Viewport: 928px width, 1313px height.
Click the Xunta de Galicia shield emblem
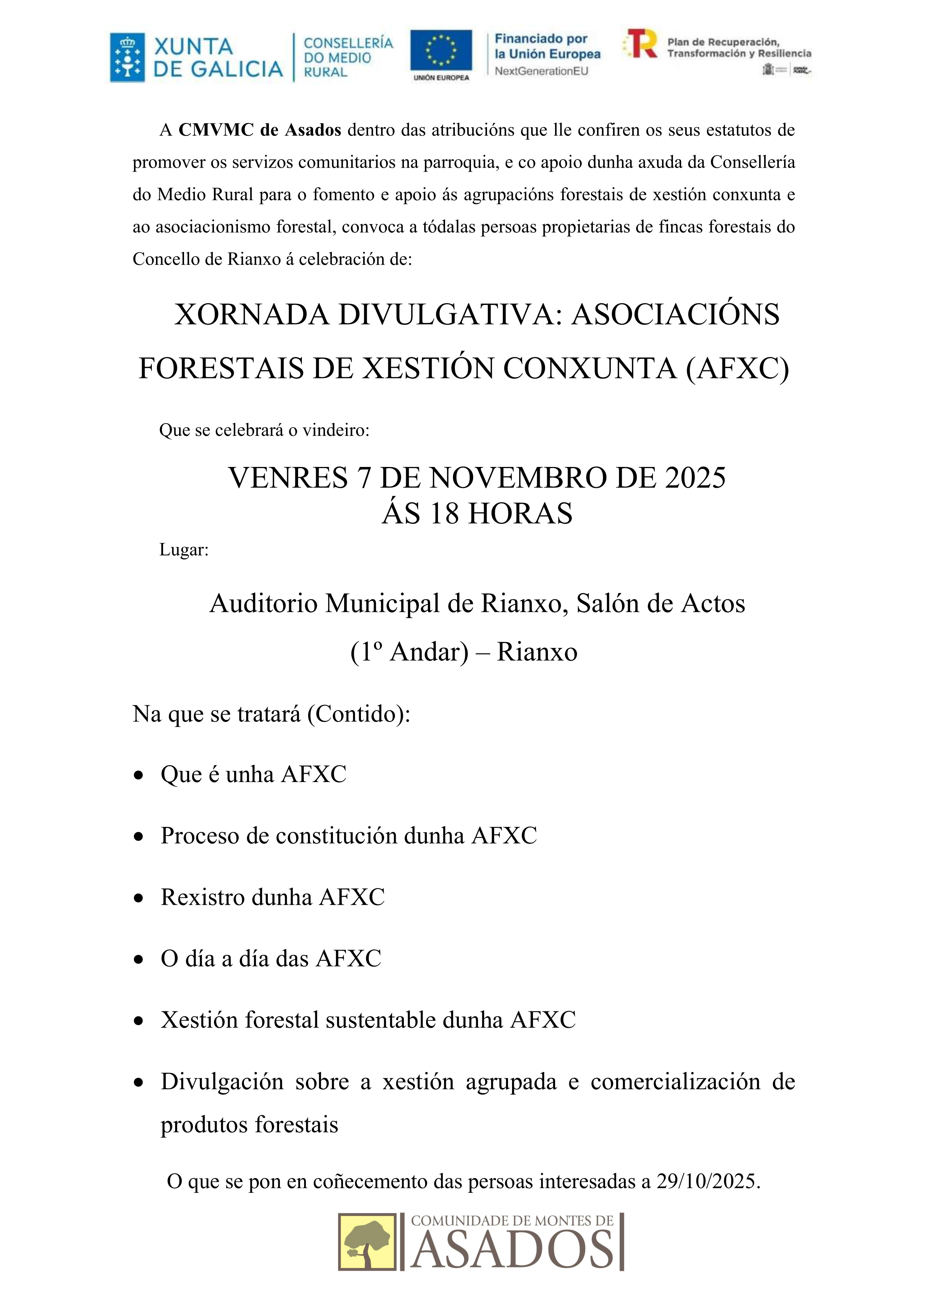(x=127, y=58)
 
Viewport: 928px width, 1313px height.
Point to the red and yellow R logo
(x=641, y=44)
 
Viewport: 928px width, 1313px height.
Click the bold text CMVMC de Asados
(x=260, y=130)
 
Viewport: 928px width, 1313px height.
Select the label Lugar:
(x=184, y=550)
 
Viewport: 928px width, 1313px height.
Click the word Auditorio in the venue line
(x=264, y=604)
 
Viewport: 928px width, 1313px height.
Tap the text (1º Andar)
(x=410, y=652)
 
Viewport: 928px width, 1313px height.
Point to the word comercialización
(x=675, y=1082)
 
